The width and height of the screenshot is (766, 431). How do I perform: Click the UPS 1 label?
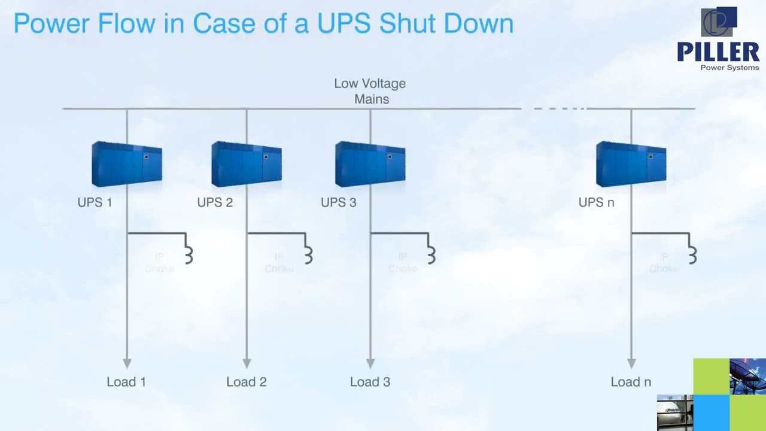95,202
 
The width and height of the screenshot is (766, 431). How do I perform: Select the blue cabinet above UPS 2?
247,164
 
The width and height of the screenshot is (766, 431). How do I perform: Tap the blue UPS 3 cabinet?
370,164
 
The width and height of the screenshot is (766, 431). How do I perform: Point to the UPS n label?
596,202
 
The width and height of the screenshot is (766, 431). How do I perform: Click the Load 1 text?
126,382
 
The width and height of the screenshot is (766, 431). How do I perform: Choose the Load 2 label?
246,382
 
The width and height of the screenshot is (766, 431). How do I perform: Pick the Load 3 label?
370,382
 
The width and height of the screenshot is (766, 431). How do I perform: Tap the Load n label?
631,382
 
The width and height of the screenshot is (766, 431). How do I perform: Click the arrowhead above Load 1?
127,363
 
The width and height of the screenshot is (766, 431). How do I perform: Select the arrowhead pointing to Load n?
631,363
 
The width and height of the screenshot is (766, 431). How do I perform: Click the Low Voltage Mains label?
370,91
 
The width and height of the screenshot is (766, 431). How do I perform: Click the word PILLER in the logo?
718,52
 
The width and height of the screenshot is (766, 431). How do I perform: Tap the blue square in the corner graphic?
712,412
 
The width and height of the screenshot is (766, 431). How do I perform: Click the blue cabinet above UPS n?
631,164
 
